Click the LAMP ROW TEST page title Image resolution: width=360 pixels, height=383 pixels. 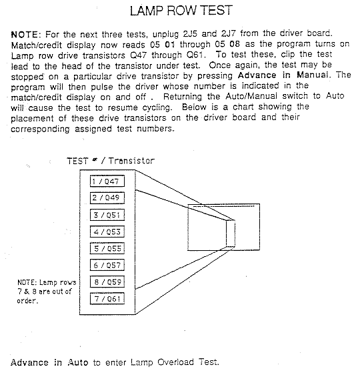click(x=181, y=11)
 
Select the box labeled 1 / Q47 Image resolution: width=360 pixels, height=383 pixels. click(x=107, y=181)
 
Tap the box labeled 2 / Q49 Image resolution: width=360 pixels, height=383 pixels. click(x=107, y=198)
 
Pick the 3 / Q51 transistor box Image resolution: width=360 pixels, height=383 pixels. click(x=107, y=215)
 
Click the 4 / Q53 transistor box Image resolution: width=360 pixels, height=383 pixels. click(x=107, y=232)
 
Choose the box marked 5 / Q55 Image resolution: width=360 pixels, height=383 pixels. click(x=107, y=248)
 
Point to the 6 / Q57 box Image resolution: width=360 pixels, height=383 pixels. click(x=107, y=265)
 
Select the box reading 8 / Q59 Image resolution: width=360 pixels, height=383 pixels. click(x=107, y=282)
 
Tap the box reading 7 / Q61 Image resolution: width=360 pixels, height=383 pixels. click(x=107, y=298)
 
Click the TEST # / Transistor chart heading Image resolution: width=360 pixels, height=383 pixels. click(x=111, y=161)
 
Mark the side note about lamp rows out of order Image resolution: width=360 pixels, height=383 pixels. click(x=47, y=292)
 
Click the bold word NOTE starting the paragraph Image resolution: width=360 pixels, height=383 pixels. click(x=25, y=35)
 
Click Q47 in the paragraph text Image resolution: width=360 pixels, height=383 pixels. click(x=139, y=55)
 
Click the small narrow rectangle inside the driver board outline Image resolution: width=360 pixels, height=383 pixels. click(x=231, y=234)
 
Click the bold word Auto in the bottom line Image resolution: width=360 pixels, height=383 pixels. click(x=78, y=362)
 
